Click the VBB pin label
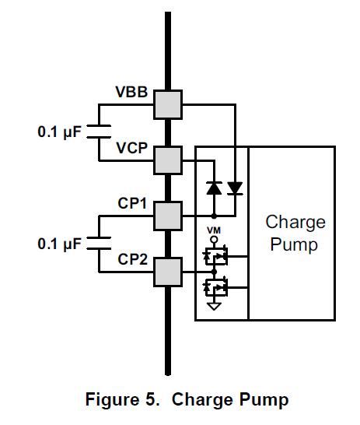click(x=131, y=92)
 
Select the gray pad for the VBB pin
click(x=168, y=104)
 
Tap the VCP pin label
click(x=132, y=148)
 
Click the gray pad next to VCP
click(x=168, y=160)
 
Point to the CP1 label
click(x=132, y=203)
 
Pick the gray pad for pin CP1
click(x=168, y=216)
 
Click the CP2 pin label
click(x=133, y=259)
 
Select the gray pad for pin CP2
click(x=168, y=272)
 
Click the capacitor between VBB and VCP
click(x=99, y=132)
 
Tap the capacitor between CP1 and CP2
click(x=99, y=243)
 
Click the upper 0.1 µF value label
click(x=59, y=132)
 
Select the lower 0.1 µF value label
click(x=59, y=244)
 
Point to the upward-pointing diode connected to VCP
click(x=214, y=188)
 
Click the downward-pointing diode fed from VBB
click(x=235, y=188)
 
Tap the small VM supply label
click(x=214, y=230)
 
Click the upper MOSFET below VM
click(x=215, y=256)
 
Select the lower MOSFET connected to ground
click(x=215, y=287)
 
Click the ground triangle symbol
click(x=214, y=306)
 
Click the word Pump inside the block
click(x=294, y=244)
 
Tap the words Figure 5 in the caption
click(x=122, y=399)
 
